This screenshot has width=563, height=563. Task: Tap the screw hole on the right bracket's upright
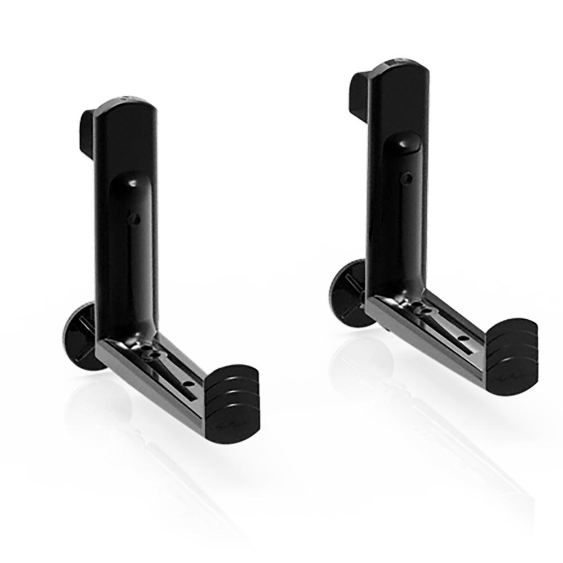point(406,178)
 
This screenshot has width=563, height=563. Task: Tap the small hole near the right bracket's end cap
point(463,338)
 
